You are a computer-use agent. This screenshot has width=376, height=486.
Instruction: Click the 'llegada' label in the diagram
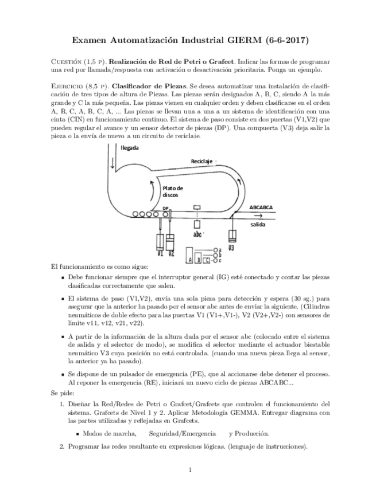[x=133, y=147]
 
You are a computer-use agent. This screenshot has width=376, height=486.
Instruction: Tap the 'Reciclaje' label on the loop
[x=201, y=162]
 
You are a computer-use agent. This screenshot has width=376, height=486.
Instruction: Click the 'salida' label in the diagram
[x=258, y=225]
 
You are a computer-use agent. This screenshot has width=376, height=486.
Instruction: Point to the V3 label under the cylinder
[x=231, y=248]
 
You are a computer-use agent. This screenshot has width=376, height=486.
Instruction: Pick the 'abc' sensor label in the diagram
[x=197, y=234]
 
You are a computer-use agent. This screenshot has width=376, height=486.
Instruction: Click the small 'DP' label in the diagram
[x=165, y=209]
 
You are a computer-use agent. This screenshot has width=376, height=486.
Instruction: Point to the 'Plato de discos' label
[x=172, y=191]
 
